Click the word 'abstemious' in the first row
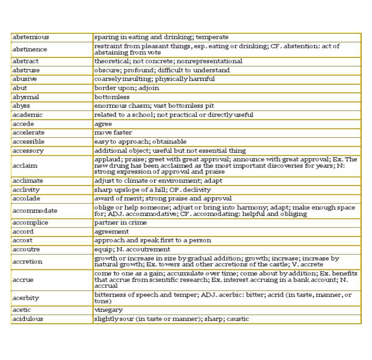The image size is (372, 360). click(30, 37)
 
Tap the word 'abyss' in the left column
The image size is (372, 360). click(21, 106)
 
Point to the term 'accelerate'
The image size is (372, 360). click(28, 133)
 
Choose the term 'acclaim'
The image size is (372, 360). click(25, 165)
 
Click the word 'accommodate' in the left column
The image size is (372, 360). click(35, 210)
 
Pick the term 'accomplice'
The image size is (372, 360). click(30, 222)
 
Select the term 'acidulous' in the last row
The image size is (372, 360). click(27, 319)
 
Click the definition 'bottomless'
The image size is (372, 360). click(112, 97)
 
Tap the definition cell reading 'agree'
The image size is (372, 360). click(103, 124)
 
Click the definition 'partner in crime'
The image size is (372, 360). click(120, 222)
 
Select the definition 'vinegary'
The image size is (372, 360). click(108, 310)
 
